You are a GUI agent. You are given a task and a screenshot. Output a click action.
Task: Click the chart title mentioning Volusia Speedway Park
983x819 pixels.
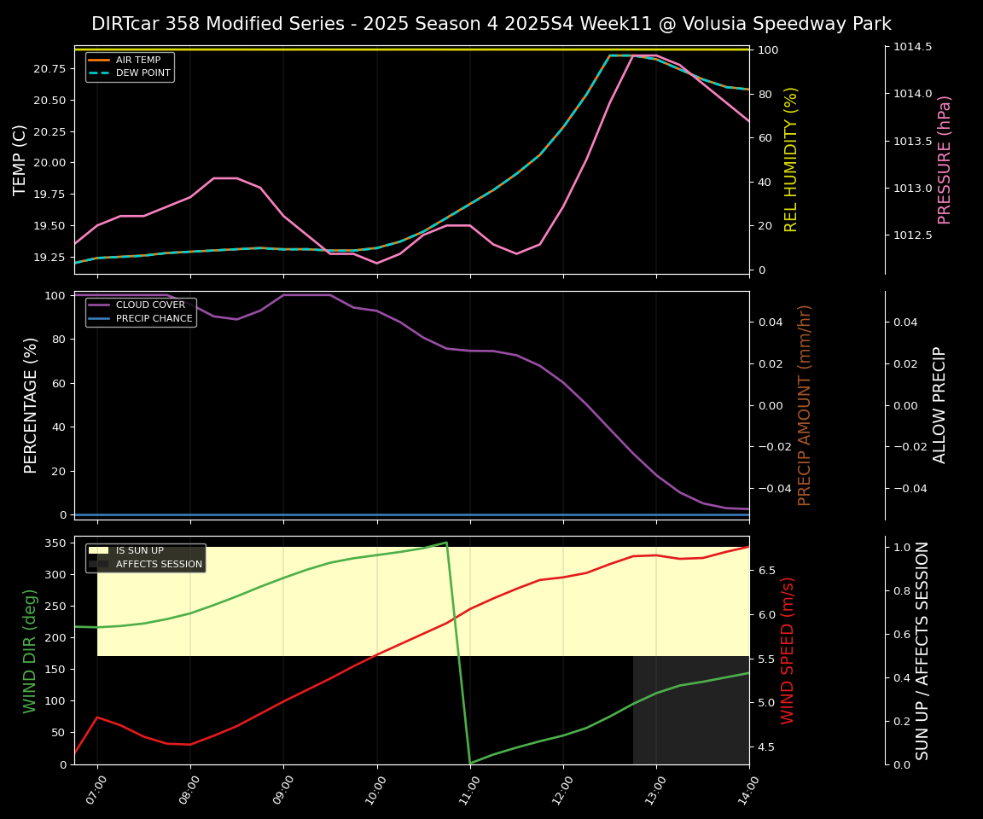tap(491, 24)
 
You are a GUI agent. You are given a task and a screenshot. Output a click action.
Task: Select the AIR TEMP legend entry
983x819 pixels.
tap(137, 60)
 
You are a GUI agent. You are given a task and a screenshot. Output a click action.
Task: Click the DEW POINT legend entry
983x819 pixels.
tap(143, 73)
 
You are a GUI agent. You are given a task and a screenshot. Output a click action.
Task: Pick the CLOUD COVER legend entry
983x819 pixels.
tap(150, 305)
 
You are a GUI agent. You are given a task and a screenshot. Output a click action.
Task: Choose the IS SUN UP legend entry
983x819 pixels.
tap(139, 550)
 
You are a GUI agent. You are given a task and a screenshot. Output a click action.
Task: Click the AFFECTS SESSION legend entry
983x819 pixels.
tap(159, 564)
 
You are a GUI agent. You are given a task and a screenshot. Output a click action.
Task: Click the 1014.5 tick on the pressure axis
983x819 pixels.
tap(912, 46)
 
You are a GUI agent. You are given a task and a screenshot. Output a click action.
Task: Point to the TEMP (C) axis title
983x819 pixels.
tap(20, 160)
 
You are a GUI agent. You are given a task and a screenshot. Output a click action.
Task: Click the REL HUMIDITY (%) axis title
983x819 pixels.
tap(791, 160)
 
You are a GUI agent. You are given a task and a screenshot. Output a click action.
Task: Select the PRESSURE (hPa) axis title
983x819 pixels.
tap(945, 160)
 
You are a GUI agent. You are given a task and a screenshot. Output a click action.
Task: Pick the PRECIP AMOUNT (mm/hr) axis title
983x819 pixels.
tap(805, 405)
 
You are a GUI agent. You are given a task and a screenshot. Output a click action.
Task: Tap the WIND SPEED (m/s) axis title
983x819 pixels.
tap(788, 650)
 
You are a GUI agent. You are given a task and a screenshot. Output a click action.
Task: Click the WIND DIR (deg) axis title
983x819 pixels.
tap(30, 650)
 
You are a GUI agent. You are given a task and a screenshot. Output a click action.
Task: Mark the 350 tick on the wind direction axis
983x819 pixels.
tap(56, 543)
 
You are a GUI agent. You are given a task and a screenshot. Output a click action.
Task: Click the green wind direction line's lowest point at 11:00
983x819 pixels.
tap(470, 763)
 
